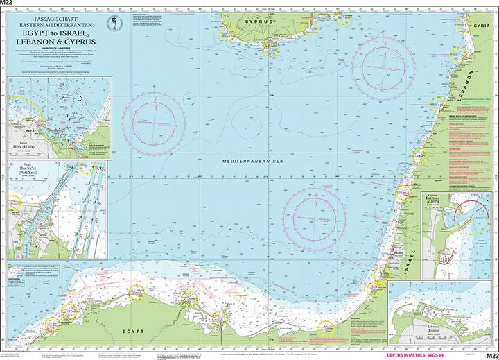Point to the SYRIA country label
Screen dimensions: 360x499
click(481, 25)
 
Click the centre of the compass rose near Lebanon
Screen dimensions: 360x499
click(383, 67)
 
